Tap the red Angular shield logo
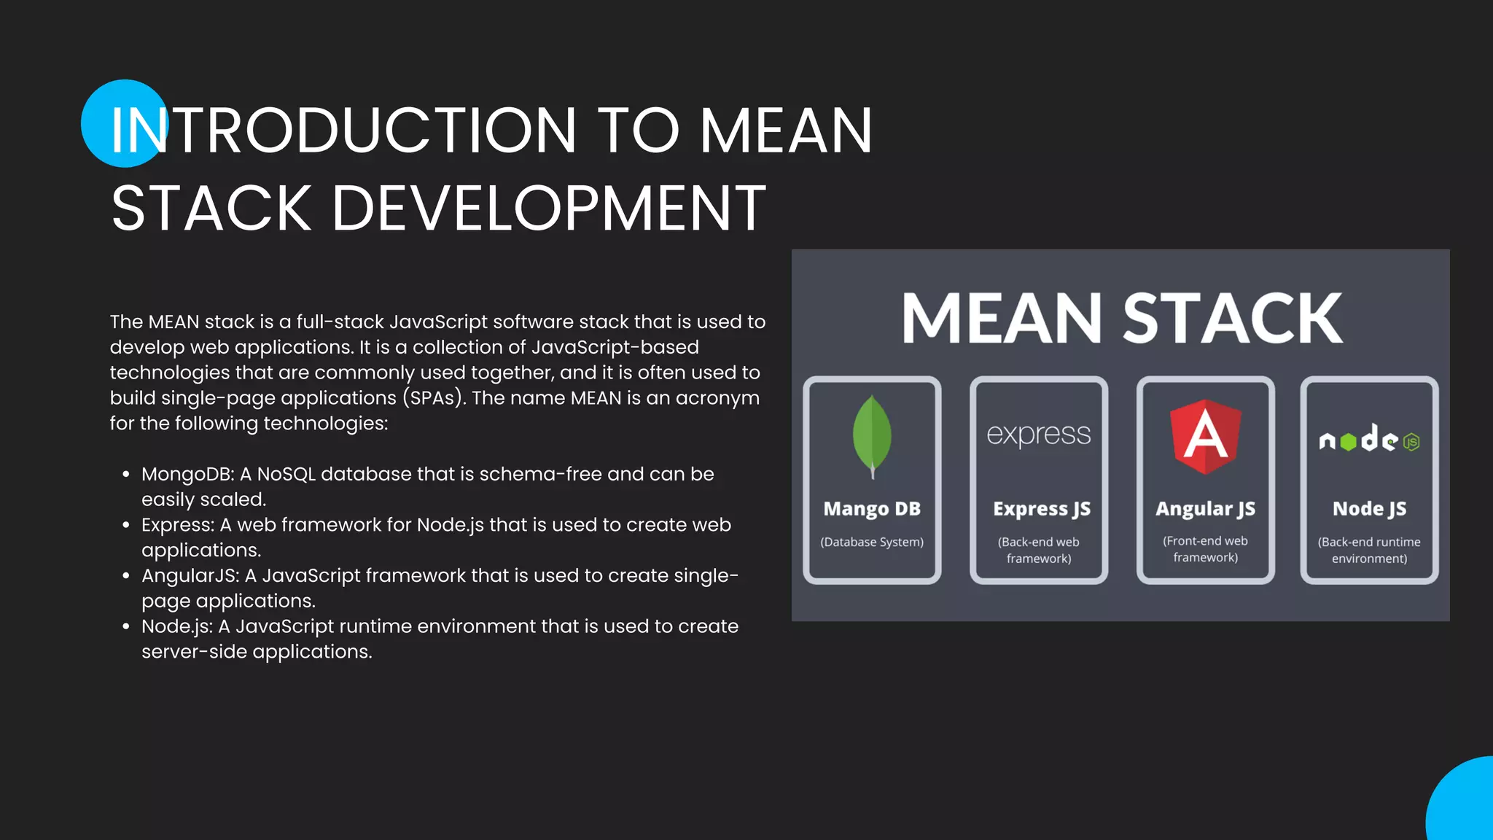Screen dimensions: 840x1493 1206,436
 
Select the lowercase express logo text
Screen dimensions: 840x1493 1039,435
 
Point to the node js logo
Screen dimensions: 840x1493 1369,440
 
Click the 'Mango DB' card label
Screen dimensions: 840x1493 872,509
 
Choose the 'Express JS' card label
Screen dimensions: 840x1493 1042,509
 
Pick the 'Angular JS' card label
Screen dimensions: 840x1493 1206,509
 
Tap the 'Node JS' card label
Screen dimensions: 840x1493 1369,509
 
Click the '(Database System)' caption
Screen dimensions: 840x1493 872,542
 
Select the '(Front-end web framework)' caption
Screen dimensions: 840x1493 1206,549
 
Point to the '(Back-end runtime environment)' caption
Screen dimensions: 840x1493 1369,550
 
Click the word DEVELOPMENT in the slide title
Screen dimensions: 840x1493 549,209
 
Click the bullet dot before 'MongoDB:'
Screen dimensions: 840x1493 126,475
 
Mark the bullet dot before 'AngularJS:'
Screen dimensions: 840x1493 126,576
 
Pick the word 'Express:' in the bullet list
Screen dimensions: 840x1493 177,525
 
